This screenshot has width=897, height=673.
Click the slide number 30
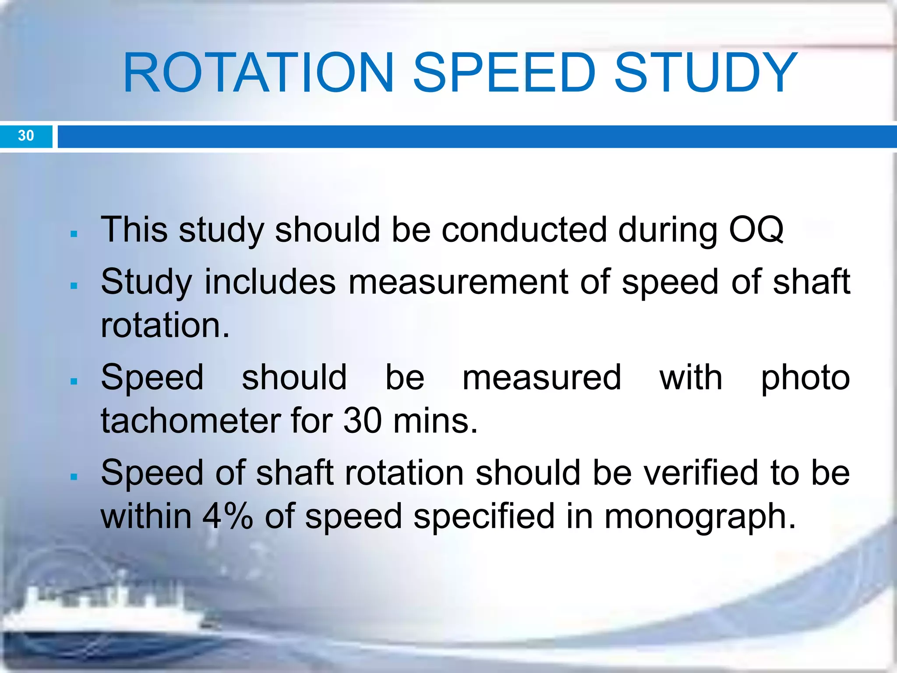click(x=26, y=135)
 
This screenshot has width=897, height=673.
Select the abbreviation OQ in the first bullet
click(x=756, y=230)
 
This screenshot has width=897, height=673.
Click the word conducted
click(x=524, y=230)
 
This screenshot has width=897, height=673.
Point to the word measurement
click(x=458, y=282)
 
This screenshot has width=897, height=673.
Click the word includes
click(x=270, y=282)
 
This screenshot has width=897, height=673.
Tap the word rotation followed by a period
click(x=165, y=325)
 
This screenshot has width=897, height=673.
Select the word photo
click(x=805, y=378)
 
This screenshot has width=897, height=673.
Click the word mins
click(x=435, y=421)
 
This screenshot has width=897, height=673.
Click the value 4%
click(x=227, y=516)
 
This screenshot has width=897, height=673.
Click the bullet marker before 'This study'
click(x=74, y=234)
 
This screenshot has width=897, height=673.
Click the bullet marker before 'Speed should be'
click(x=74, y=381)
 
